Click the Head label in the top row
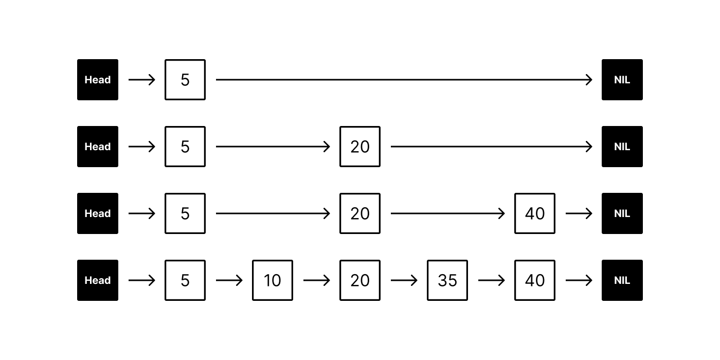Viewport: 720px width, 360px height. click(x=98, y=80)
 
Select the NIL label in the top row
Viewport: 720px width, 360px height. click(x=622, y=80)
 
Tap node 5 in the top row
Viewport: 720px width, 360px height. click(x=185, y=80)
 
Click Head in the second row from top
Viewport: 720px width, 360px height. click(x=98, y=147)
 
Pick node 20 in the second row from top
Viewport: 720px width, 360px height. click(x=360, y=147)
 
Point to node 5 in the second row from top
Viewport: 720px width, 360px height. click(x=185, y=147)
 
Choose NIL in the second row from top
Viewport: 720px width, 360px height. click(x=622, y=147)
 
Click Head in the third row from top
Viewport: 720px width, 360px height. click(x=98, y=213)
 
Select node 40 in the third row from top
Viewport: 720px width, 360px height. click(x=535, y=213)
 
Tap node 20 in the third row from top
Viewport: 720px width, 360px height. click(x=360, y=213)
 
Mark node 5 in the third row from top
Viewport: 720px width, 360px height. click(x=185, y=213)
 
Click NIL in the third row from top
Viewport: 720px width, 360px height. click(x=622, y=213)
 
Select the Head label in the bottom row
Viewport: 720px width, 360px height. click(x=98, y=280)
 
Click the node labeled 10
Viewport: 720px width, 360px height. click(x=273, y=280)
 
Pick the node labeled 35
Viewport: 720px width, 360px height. click(x=447, y=280)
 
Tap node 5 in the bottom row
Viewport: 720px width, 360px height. click(x=185, y=280)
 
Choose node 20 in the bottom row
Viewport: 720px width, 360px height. click(x=360, y=280)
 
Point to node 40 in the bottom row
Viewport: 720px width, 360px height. click(x=535, y=280)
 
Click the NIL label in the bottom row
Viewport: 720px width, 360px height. click(x=622, y=280)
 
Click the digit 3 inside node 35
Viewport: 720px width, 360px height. click(x=442, y=280)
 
